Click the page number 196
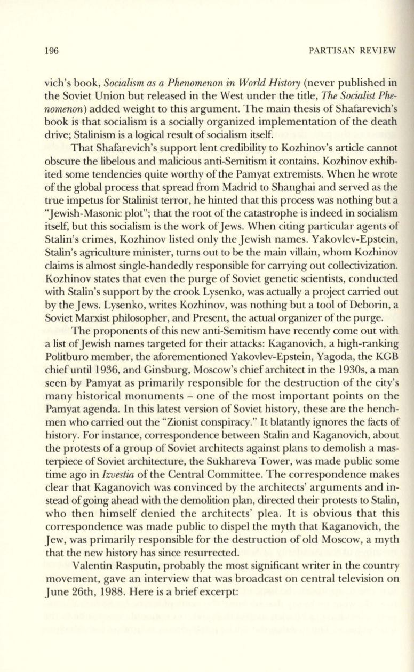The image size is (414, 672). (50, 51)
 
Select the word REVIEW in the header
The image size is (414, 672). (376, 51)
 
